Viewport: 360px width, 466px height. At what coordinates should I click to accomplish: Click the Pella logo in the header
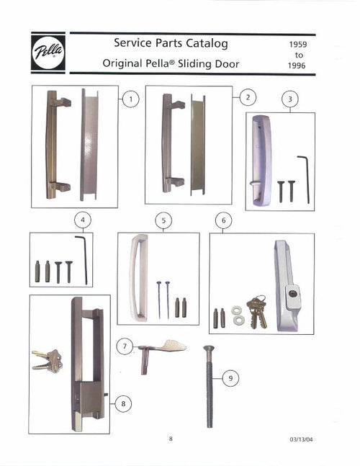(48, 52)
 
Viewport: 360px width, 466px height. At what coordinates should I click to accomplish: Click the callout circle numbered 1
(130, 99)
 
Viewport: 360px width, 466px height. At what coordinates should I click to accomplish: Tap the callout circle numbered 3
(289, 100)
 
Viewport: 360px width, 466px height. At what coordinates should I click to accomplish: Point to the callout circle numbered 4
(84, 220)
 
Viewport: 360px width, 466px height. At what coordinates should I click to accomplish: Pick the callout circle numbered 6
(223, 219)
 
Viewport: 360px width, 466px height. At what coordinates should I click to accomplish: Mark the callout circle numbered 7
(126, 347)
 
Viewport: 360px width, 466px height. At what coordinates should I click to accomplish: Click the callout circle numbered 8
(123, 404)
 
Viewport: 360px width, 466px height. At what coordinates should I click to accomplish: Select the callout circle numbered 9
(230, 377)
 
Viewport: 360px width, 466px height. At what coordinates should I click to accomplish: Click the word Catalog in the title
(205, 43)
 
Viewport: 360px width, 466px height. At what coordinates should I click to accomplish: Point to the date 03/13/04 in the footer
(299, 439)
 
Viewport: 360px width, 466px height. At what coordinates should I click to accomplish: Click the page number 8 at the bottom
(171, 439)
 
